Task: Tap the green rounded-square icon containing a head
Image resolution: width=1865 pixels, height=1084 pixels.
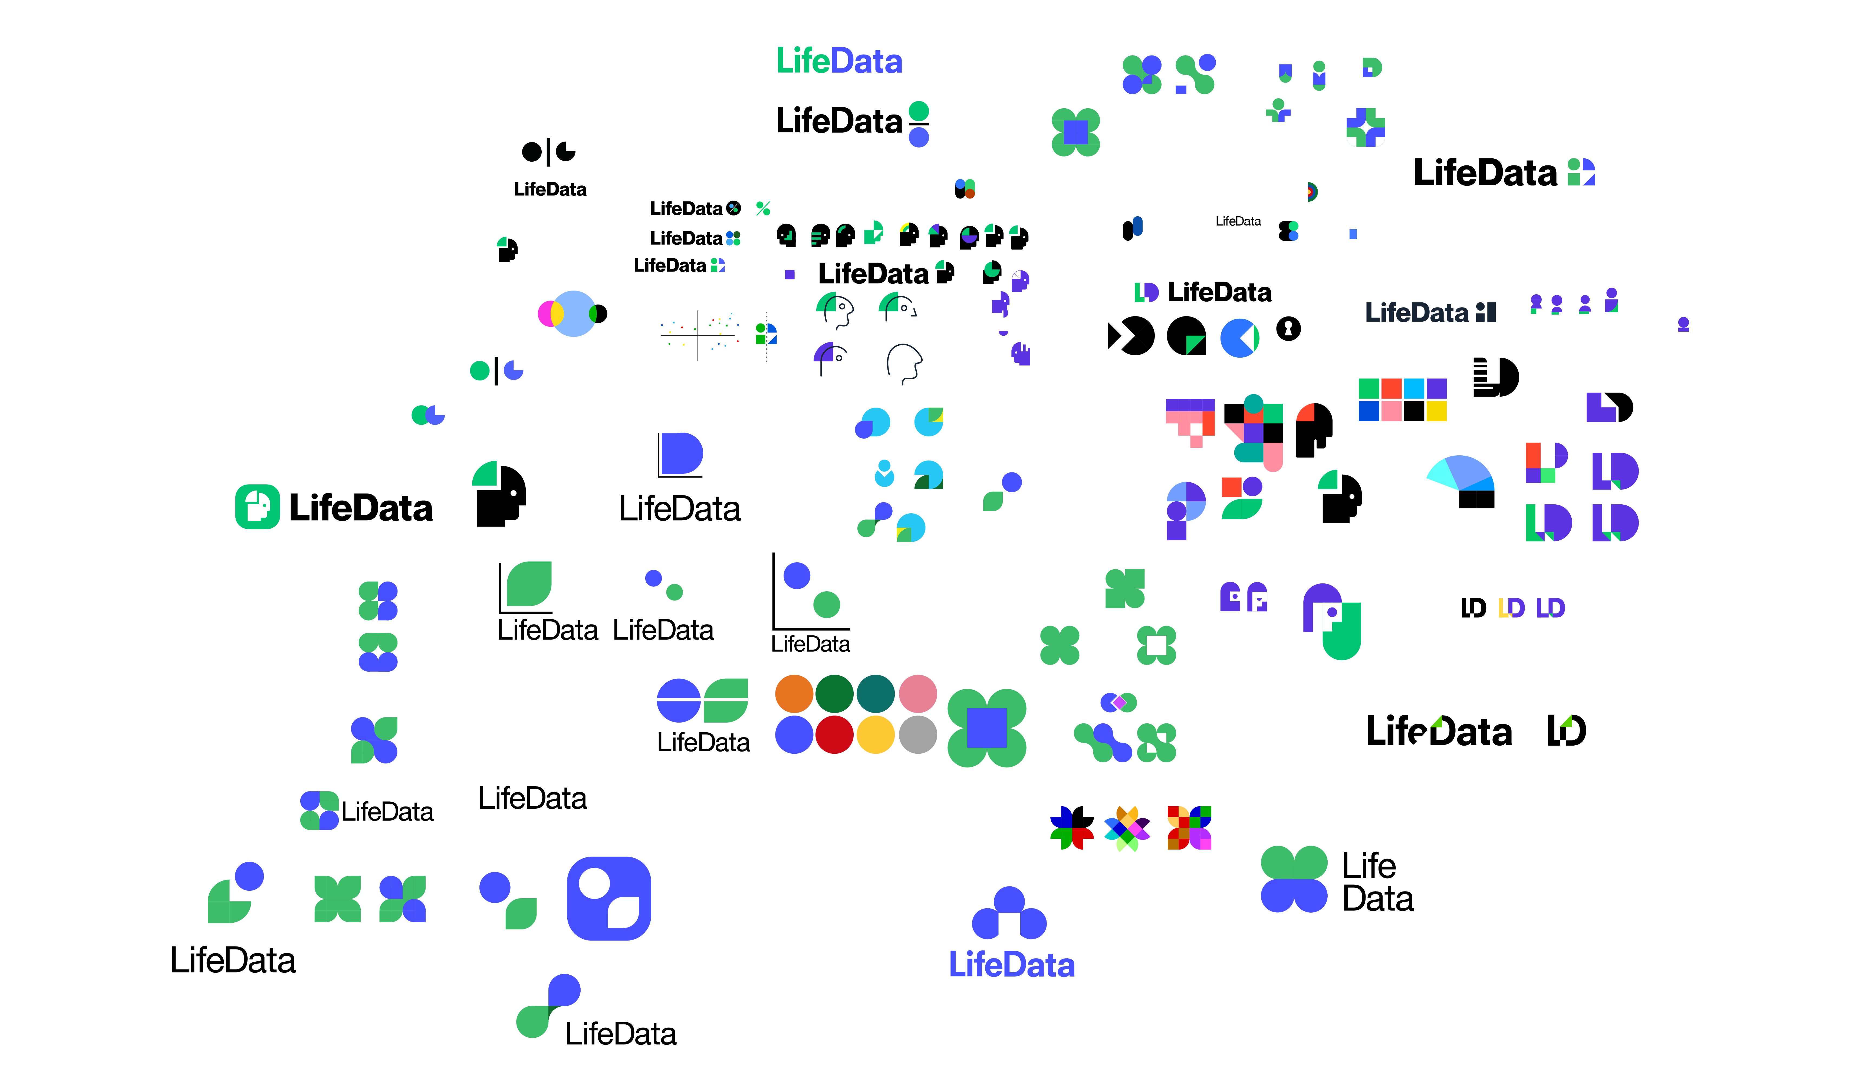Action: [257, 507]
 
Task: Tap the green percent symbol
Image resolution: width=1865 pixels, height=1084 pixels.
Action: [763, 209]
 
